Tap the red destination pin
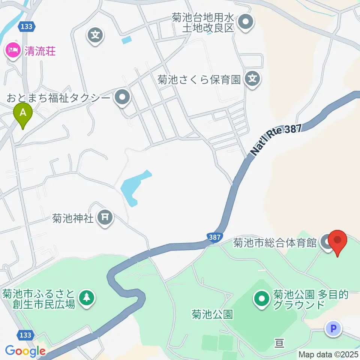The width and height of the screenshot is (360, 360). click(x=338, y=241)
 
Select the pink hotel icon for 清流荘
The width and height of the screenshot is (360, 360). click(x=13, y=51)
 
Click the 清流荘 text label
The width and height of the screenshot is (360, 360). click(x=40, y=51)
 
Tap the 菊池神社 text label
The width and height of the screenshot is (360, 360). click(x=73, y=218)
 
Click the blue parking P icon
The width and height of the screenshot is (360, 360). click(x=333, y=329)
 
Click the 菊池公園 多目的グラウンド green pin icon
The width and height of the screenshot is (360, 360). click(x=262, y=299)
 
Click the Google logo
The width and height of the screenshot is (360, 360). click(x=25, y=351)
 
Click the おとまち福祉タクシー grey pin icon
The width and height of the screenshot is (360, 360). click(x=122, y=98)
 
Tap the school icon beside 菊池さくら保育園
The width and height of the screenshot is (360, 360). click(x=253, y=79)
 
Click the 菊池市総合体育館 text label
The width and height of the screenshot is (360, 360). click(x=275, y=243)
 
